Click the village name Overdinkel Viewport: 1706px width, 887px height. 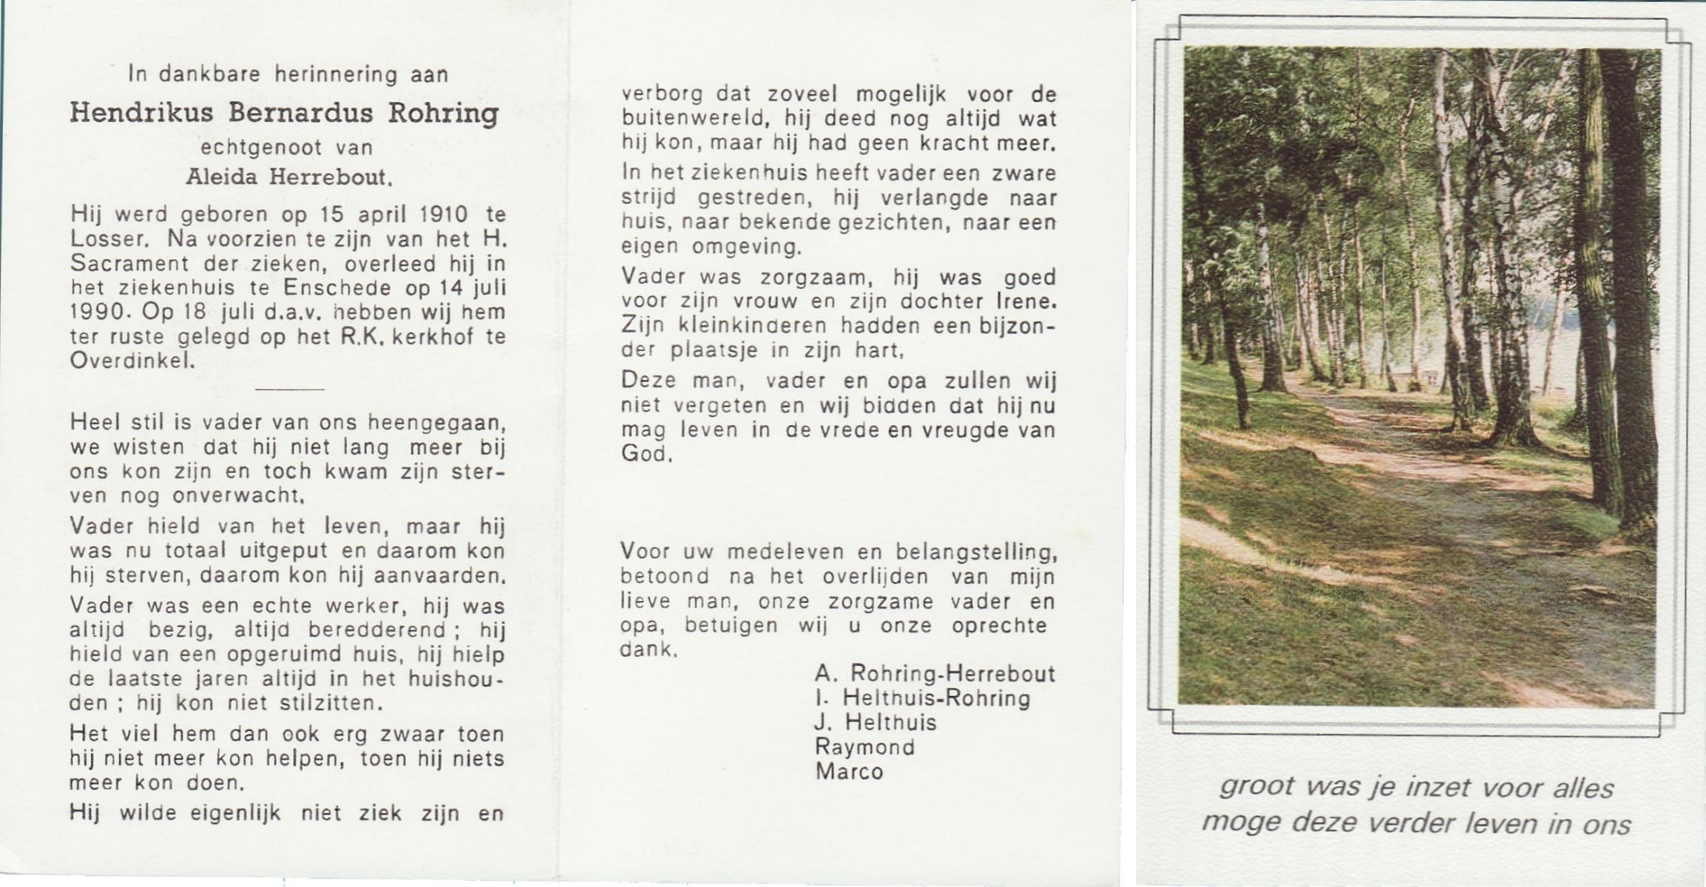[x=132, y=361]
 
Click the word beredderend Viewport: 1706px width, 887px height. [x=376, y=630]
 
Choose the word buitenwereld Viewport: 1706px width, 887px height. [x=695, y=119]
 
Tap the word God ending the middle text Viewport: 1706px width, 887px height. [x=645, y=454]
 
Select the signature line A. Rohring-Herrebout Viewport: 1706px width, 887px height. [x=935, y=673]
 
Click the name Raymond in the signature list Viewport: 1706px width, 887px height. [x=864, y=747]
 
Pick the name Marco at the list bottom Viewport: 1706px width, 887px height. [x=849, y=772]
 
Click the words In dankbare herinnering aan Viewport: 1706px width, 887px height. [x=288, y=74]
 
